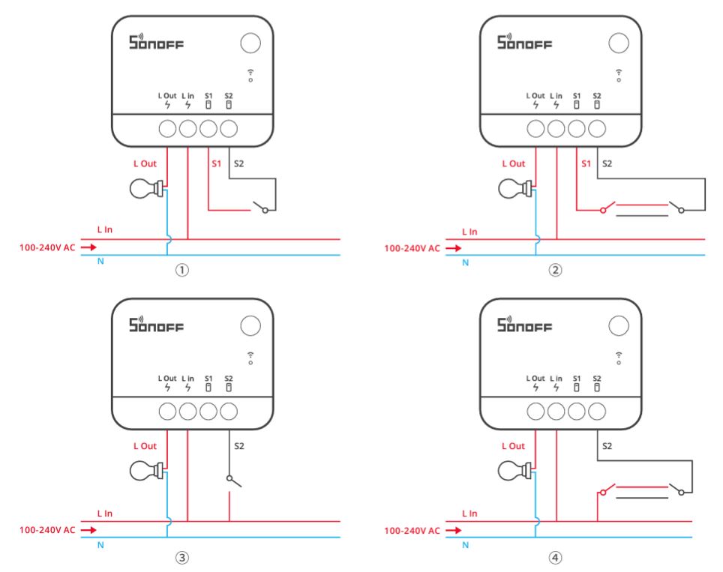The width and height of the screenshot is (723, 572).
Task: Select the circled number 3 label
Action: coord(180,557)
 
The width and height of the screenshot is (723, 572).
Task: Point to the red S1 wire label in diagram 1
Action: coord(216,163)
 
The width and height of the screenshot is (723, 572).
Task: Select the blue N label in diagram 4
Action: coord(466,544)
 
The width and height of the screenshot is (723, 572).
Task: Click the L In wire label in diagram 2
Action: coord(469,232)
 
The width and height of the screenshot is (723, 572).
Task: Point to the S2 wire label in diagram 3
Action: coord(239,446)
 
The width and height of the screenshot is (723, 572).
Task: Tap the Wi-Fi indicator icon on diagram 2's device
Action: coord(619,74)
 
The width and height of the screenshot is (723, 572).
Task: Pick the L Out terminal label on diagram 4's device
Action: coord(535,379)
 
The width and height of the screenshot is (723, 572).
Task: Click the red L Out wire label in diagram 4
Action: coord(513,446)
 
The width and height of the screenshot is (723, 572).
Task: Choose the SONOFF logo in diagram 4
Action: coord(525,325)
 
